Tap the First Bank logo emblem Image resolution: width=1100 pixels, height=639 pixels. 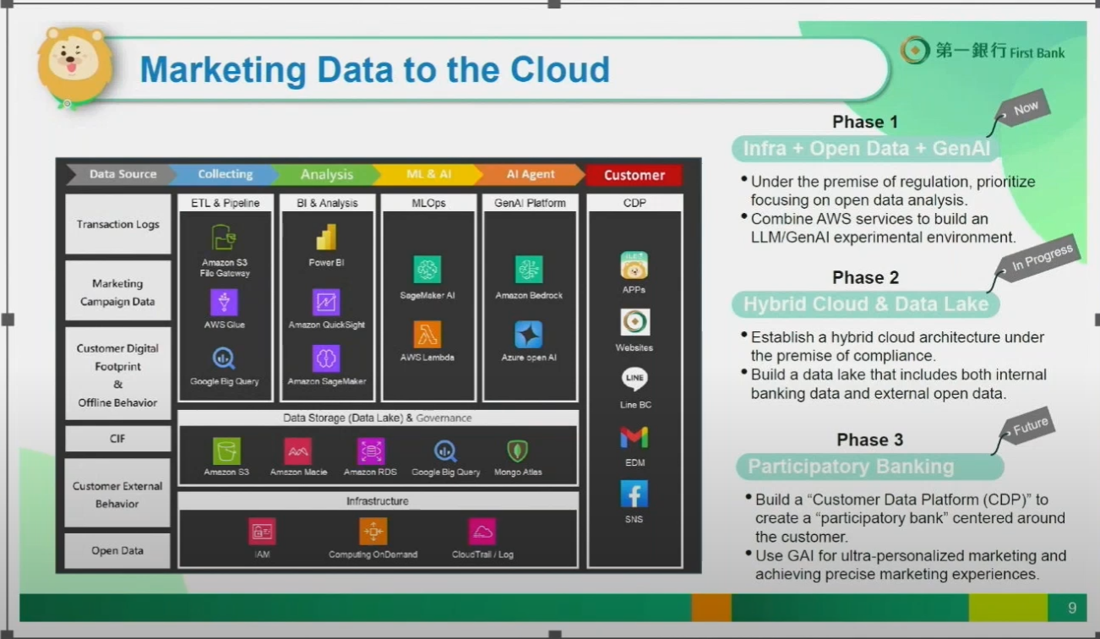coord(915,50)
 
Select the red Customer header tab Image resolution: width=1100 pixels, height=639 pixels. coord(634,175)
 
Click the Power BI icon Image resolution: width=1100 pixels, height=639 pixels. coord(326,238)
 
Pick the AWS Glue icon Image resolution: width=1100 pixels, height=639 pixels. coord(224,302)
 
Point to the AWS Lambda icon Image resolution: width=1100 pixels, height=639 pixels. coord(427,335)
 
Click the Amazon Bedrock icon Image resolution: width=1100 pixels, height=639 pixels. coord(528,269)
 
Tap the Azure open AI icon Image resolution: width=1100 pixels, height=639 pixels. coord(528,335)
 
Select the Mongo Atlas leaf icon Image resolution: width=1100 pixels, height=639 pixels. coord(518,451)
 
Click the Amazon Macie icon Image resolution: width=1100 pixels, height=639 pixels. coord(297,451)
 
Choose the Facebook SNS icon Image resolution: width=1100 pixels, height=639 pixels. coord(634,494)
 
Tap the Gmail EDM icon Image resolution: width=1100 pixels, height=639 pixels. coord(634,437)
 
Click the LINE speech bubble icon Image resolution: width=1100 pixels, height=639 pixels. coord(634,379)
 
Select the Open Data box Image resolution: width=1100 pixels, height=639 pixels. coord(117,550)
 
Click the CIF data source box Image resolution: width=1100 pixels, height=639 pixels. coord(117,438)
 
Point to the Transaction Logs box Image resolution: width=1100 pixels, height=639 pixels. coord(117,224)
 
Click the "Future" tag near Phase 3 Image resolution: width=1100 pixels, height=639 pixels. coord(1029,426)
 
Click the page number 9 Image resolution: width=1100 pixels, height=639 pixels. coord(1072,608)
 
